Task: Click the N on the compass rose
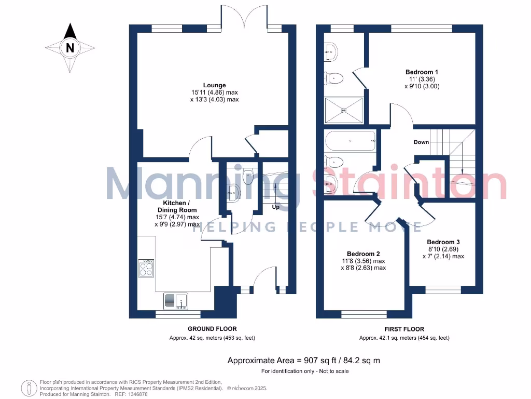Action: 70,48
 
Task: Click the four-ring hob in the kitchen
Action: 146,268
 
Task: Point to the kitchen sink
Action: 176,301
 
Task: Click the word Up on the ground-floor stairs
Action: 276,207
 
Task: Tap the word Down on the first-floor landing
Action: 421,142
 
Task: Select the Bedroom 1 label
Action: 422,72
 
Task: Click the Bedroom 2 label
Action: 363,253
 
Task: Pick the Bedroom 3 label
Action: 443,242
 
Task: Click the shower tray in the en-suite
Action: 344,110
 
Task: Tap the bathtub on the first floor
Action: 350,140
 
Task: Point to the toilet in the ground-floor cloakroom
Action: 248,177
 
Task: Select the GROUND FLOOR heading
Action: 212,329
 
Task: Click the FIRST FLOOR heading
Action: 404,329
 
